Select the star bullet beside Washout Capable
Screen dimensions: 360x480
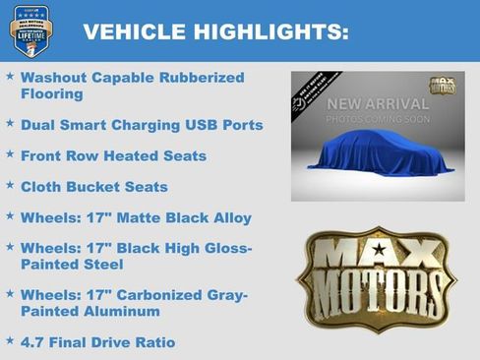click(10, 76)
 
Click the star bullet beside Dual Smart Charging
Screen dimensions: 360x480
click(10, 125)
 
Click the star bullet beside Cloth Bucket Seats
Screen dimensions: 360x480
click(10, 186)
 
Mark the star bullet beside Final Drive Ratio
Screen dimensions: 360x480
click(10, 341)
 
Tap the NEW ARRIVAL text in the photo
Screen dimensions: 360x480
click(378, 103)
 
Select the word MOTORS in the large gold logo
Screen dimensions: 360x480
click(377, 291)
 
